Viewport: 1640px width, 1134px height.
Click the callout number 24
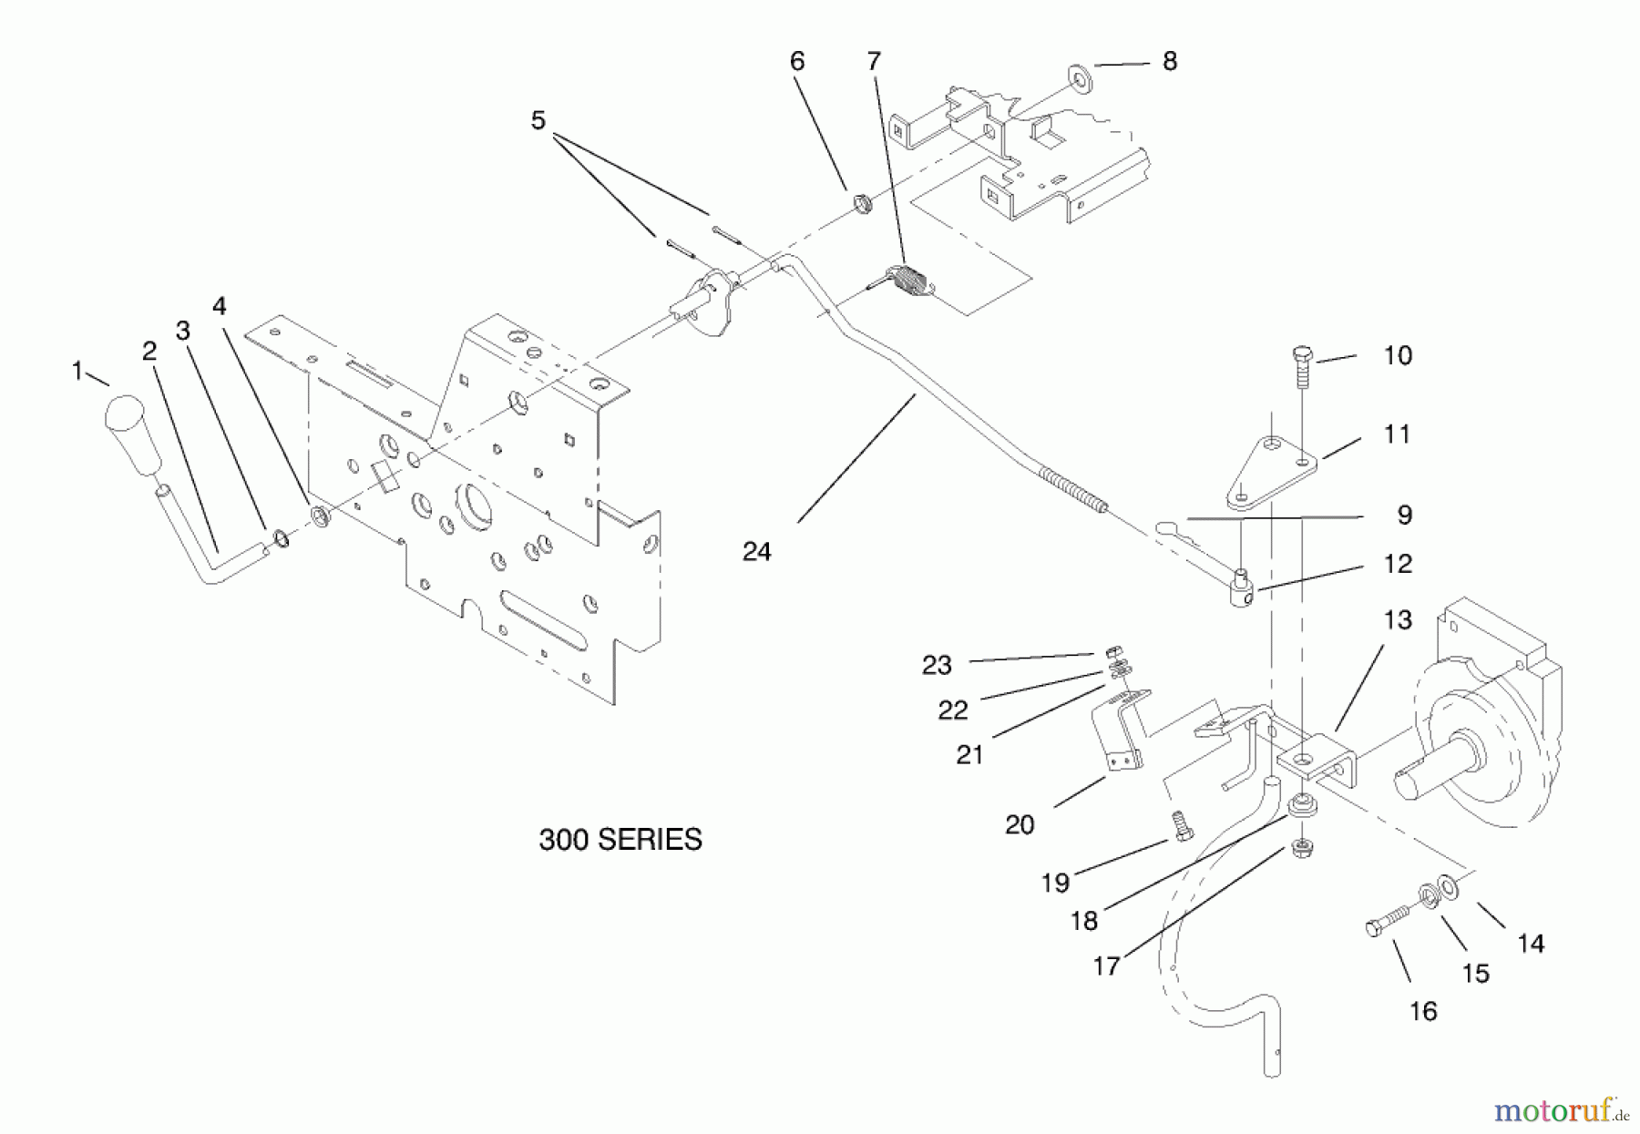(756, 552)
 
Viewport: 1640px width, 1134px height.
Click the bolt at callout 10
(1302, 367)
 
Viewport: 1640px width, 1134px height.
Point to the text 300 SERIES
(620, 839)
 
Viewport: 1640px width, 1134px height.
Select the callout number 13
(1398, 620)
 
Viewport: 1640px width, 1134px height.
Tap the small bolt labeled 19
(1181, 826)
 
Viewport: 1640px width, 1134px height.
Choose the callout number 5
(538, 120)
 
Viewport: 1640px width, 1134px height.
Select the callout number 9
(1404, 516)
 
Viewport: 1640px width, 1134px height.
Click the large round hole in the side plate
(477, 500)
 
